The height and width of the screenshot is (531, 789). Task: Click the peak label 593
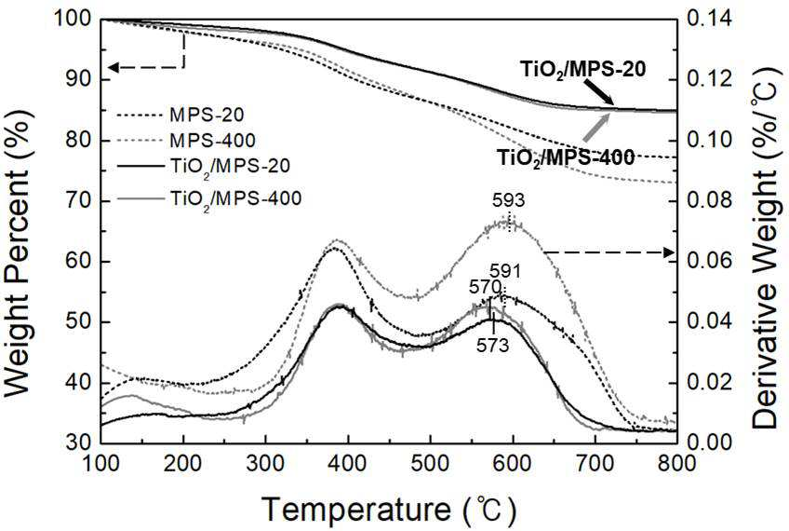[508, 200]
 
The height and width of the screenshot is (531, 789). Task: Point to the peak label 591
[505, 271]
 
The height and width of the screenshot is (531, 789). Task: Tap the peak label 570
[485, 287]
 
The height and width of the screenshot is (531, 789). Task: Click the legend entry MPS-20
[207, 115]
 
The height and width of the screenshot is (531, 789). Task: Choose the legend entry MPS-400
[212, 140]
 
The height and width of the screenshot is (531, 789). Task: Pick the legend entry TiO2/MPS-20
[230, 167]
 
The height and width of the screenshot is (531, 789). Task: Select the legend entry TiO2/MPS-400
[235, 199]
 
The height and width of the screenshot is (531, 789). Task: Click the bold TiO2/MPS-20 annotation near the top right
[582, 70]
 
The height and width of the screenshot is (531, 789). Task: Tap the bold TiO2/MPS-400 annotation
[566, 157]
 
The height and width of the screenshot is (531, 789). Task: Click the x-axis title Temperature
[356, 508]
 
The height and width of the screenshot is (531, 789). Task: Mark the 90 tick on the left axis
[82, 80]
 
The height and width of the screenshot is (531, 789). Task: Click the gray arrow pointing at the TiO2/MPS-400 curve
[596, 128]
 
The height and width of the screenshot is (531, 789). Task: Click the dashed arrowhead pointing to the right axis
[669, 252]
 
